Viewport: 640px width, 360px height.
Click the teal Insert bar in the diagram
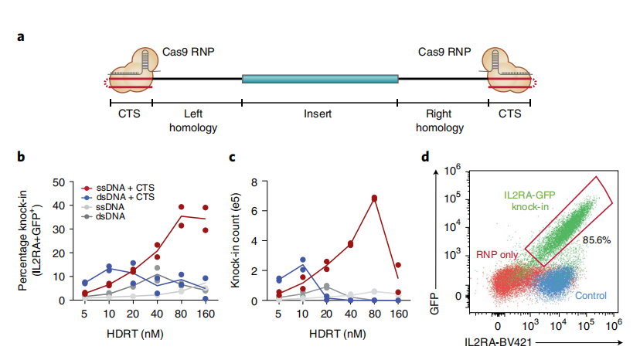click(x=320, y=79)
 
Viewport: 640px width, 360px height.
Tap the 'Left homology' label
click(x=193, y=121)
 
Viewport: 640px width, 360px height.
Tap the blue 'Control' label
click(x=591, y=295)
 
